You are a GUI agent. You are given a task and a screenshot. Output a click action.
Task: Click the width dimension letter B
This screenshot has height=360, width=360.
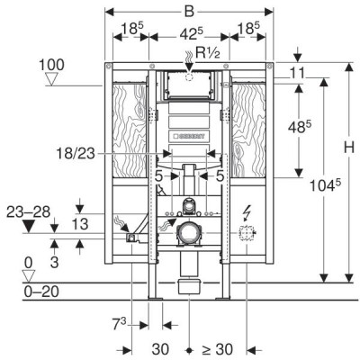(189, 12)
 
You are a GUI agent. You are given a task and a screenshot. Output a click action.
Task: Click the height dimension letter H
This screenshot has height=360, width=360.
(349, 148)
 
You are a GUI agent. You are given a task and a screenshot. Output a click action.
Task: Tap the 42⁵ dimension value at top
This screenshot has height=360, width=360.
(192, 33)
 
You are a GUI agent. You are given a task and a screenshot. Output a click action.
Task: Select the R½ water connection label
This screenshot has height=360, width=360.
(208, 53)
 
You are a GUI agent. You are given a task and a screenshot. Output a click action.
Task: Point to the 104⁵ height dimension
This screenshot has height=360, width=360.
(325, 185)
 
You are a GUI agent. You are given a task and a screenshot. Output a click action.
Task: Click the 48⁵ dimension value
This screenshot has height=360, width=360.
(300, 127)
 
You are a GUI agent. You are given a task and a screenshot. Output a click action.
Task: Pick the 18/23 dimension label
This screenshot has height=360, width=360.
(76, 154)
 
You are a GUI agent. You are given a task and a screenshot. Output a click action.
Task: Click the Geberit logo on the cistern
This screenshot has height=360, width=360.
(189, 136)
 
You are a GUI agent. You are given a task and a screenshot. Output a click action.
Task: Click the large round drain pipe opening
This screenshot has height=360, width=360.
(188, 233)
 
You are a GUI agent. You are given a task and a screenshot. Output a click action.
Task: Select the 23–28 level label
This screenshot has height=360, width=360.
(29, 212)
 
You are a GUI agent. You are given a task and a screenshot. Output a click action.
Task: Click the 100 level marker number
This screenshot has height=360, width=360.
(51, 65)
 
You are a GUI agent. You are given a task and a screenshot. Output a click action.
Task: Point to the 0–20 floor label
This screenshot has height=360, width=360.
(41, 292)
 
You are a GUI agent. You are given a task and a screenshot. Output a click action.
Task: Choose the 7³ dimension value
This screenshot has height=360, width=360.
(119, 325)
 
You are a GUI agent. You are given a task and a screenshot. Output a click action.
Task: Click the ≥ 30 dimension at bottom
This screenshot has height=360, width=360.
(217, 349)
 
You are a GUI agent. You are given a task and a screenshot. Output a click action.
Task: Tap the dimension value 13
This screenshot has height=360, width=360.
(80, 224)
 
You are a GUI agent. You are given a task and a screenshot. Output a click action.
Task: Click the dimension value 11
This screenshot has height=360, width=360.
(297, 73)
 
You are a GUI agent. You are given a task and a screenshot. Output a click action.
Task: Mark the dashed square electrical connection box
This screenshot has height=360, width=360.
(246, 233)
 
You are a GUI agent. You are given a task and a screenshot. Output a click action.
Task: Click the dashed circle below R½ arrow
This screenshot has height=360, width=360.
(189, 77)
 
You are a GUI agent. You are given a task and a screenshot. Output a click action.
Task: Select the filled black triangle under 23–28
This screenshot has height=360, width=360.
(29, 226)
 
